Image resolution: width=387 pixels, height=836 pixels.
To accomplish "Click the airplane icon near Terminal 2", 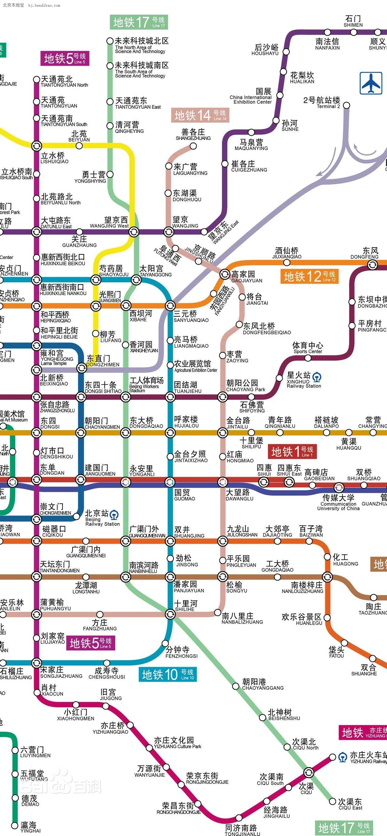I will (371, 83).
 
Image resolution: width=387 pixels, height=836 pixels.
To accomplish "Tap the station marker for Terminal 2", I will (346, 105).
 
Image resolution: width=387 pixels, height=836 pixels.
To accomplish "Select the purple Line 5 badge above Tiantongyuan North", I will (65, 58).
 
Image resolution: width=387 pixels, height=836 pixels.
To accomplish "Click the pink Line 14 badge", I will (200, 115).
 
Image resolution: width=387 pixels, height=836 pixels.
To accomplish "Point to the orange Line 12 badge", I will (309, 277).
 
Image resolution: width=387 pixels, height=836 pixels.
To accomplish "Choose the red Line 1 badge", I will (292, 451).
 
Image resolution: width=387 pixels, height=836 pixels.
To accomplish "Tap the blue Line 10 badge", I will (167, 675).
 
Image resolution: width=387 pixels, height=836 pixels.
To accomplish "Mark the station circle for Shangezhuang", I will (193, 146).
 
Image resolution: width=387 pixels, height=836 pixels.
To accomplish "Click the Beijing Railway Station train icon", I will (114, 515).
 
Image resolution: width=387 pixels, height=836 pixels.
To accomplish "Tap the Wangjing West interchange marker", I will (134, 232).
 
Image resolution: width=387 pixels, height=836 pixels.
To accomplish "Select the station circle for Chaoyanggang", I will (236, 686).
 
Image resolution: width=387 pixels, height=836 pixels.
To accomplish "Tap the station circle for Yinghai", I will (15, 825).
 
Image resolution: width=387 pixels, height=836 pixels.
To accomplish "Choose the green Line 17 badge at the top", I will (139, 22).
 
